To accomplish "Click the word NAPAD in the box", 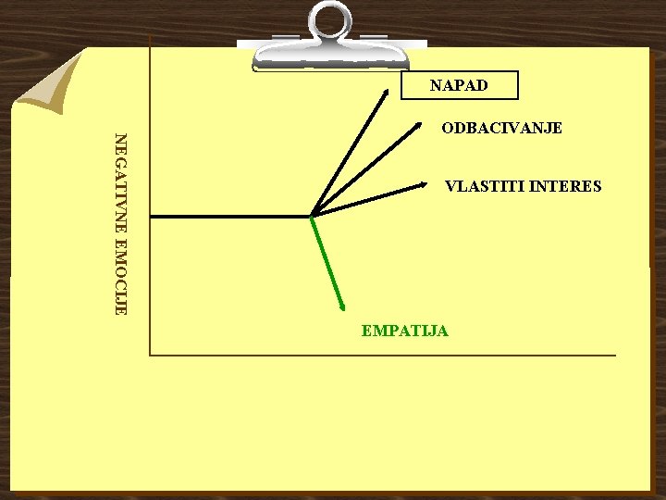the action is point(459,86).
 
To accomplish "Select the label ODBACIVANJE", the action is point(501,128).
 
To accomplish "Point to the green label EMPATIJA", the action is point(405,331).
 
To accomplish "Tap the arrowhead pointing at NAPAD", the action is point(386,92).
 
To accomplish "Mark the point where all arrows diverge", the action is point(313,216).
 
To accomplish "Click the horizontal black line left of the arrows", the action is point(231,216).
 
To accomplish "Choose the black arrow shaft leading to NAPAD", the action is point(350,154).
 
